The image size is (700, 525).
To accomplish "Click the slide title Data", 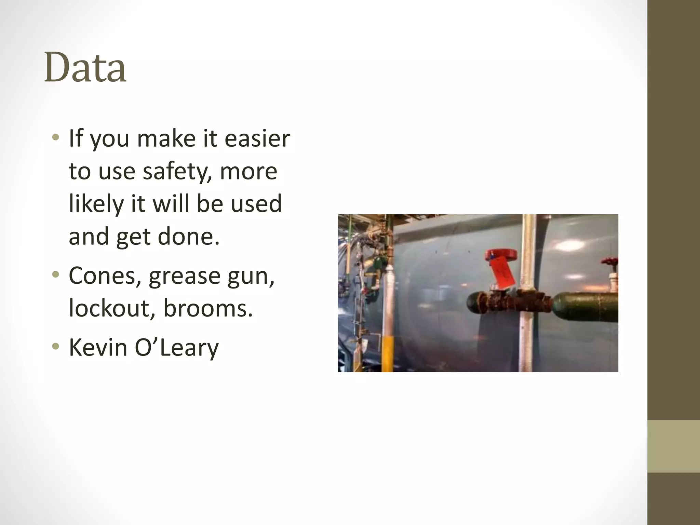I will click(x=85, y=67).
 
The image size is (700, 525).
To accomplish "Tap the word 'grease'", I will click(x=184, y=276).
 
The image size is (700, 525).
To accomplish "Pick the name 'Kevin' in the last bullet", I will click(x=97, y=348).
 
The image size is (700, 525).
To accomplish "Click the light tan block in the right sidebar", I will click(x=674, y=446).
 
